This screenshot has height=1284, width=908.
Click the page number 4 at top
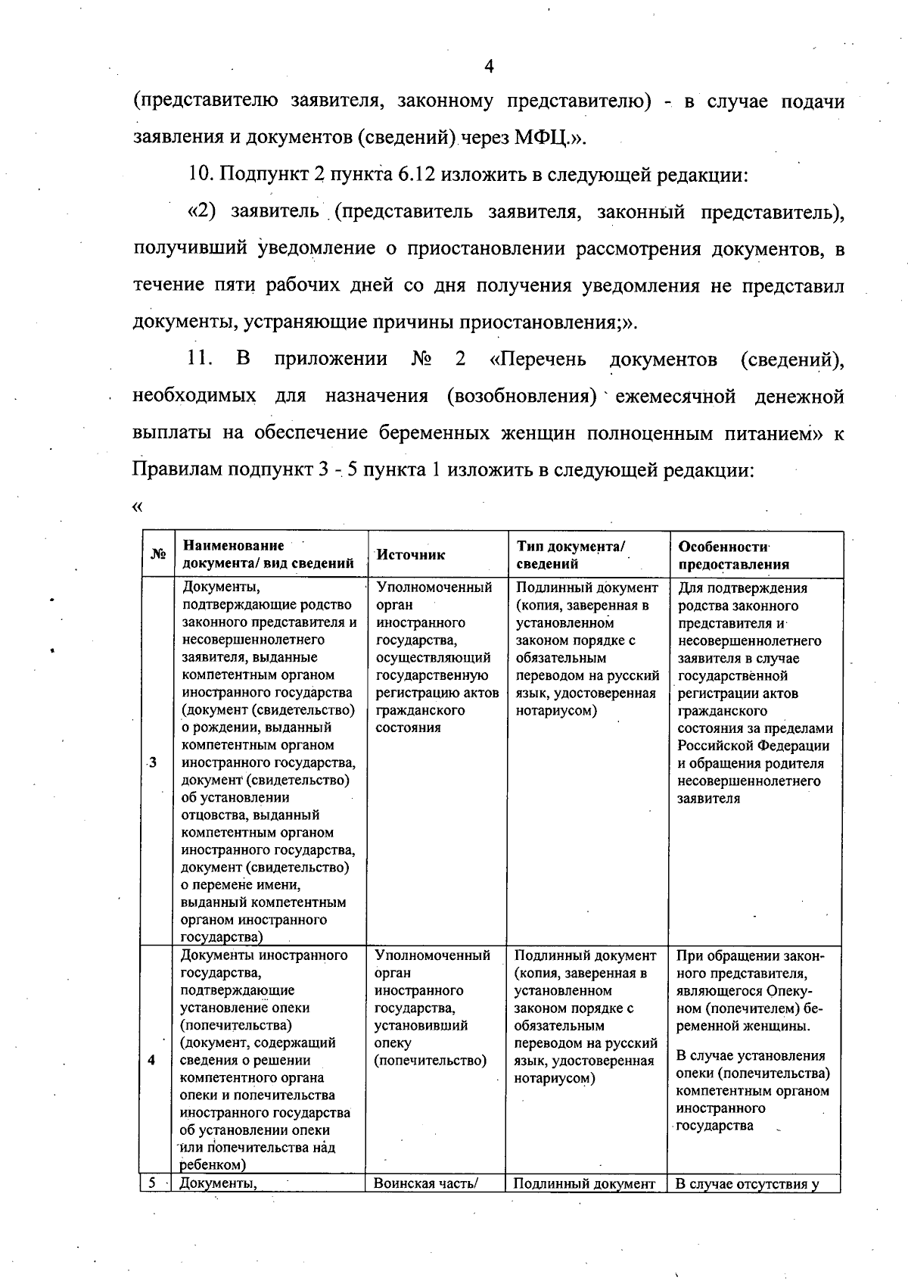[489, 67]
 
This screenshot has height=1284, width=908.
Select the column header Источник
[410, 555]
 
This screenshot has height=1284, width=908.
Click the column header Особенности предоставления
[733, 555]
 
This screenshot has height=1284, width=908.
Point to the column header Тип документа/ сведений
[571, 555]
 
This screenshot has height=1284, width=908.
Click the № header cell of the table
[157, 555]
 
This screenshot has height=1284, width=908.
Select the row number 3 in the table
[154, 762]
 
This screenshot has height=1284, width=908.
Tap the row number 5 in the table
[151, 1184]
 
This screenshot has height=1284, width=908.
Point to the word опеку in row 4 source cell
[392, 1043]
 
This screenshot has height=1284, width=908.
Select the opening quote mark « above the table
[137, 506]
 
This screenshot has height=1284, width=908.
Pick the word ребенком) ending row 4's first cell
[213, 1167]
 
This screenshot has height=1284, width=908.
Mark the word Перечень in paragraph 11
[538, 359]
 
